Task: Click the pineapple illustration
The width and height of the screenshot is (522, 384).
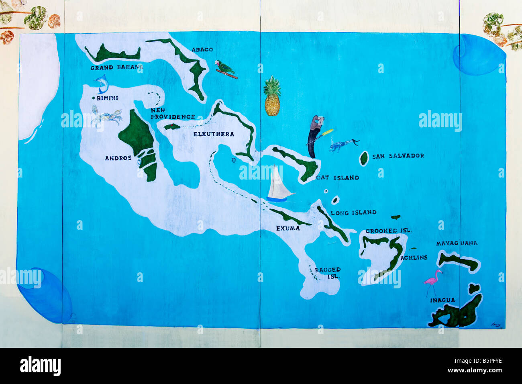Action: click(x=272, y=96)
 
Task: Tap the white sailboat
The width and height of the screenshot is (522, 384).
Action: click(x=279, y=184)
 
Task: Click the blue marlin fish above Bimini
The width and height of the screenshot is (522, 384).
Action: click(x=102, y=84)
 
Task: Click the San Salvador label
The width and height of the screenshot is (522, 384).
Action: click(x=398, y=156)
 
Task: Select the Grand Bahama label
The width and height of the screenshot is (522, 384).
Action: click(x=116, y=67)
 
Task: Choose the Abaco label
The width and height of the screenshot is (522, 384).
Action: click(x=202, y=49)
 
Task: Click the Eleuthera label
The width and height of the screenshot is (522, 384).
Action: click(x=214, y=134)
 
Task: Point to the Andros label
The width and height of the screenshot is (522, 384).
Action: click(x=118, y=158)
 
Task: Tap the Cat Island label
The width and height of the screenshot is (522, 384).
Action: click(x=338, y=178)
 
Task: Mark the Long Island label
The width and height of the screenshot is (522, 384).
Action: click(x=353, y=212)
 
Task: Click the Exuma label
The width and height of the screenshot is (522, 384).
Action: click(x=288, y=228)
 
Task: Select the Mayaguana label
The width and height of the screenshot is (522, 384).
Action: click(x=457, y=243)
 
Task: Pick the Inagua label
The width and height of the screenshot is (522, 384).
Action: click(x=442, y=300)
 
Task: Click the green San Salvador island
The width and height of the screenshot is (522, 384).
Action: click(x=364, y=158)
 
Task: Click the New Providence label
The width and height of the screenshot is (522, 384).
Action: click(x=173, y=114)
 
